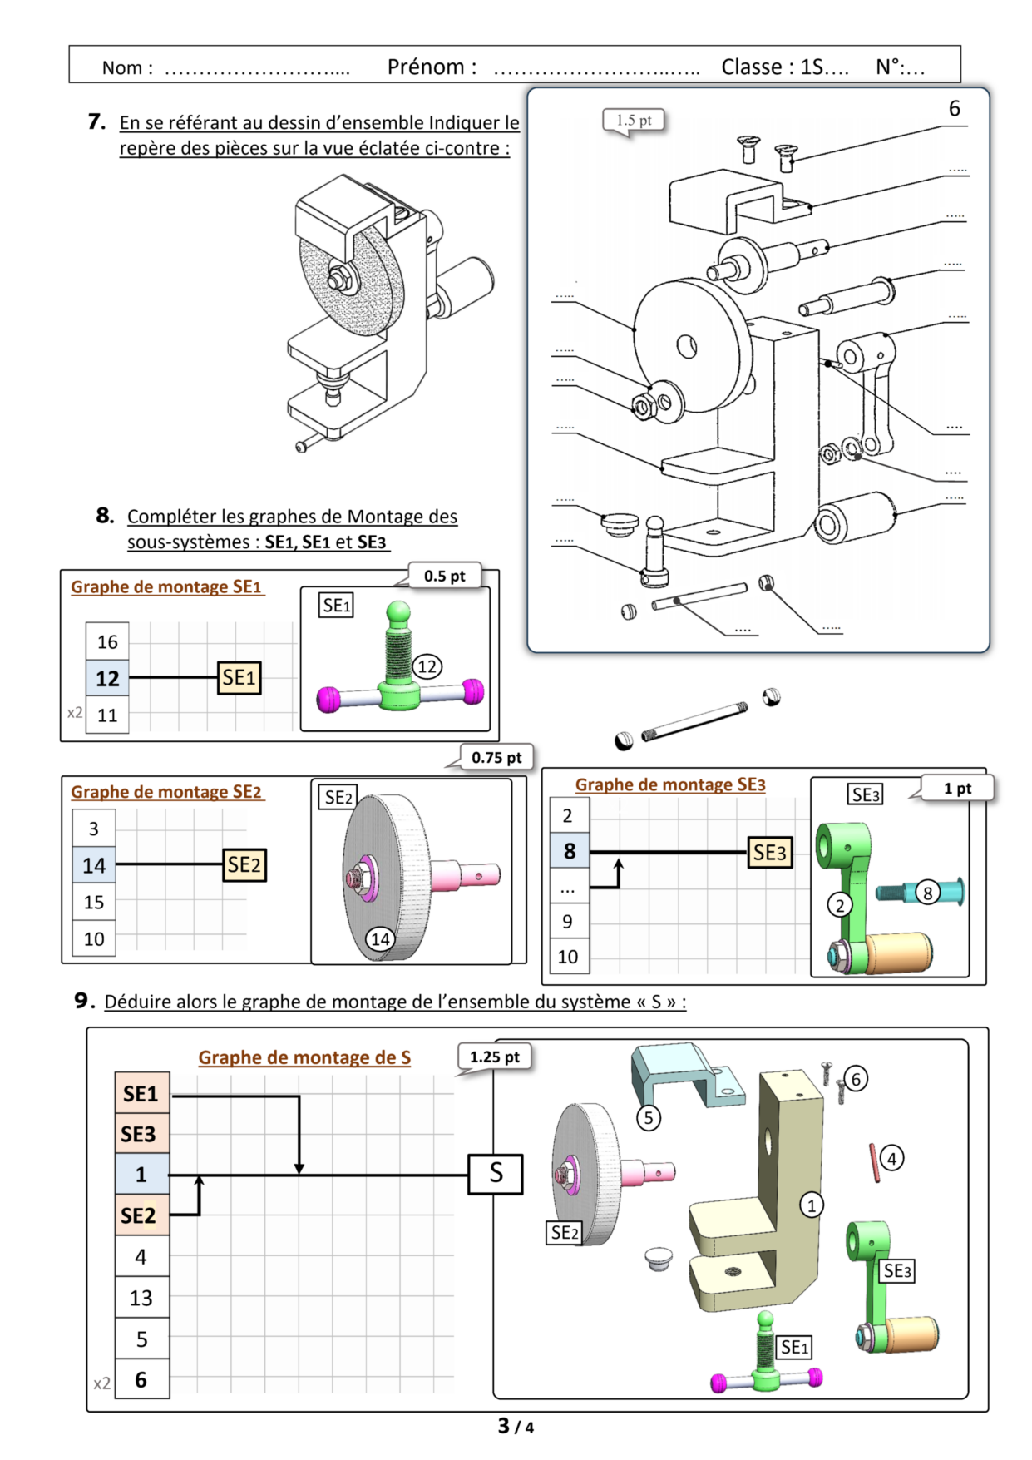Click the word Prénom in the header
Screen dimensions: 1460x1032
coord(432,67)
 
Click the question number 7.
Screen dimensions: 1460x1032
coord(96,122)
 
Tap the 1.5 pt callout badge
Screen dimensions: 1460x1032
coord(634,121)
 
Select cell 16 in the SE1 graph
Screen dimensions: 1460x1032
coord(107,641)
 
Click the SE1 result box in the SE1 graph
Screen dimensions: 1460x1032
coord(239,678)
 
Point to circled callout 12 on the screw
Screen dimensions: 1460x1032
coord(427,666)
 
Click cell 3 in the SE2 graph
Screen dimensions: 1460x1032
coord(94,829)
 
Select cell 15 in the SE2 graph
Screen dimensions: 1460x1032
coord(94,902)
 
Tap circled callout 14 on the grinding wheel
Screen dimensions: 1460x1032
coord(380,939)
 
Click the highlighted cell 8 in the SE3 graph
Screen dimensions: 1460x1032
coord(569,851)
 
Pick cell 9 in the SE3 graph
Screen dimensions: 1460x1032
coord(568,921)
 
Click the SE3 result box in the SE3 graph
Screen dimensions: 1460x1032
coord(769,853)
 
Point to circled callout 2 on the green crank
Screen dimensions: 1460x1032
coord(840,905)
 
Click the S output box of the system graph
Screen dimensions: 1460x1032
coord(496,1174)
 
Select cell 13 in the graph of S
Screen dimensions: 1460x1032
coord(141,1298)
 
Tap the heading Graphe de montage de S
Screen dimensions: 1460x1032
coord(304,1057)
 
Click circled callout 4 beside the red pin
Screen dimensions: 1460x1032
coord(891,1158)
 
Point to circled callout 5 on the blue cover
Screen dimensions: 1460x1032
coord(649,1117)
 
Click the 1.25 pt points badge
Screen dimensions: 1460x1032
coord(494,1057)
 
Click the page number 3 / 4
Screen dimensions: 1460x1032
coord(516,1426)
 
